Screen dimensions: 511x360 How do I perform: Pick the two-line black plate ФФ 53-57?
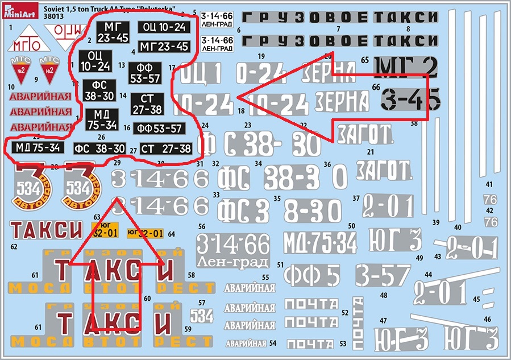(145, 73)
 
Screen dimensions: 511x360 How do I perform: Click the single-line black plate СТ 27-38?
(165, 149)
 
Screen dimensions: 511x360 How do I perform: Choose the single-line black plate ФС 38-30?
(99, 149)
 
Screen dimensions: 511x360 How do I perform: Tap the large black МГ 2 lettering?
(406, 67)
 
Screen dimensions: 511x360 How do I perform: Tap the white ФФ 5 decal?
(312, 275)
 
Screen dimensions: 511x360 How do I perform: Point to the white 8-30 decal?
(312, 210)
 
